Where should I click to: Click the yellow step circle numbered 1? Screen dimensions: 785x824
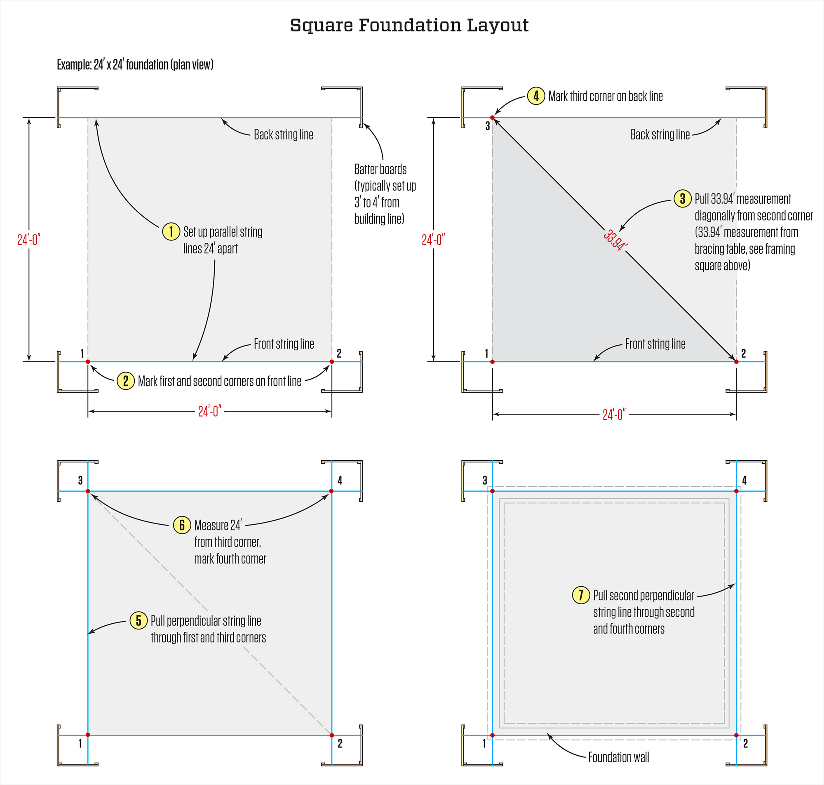pos(171,231)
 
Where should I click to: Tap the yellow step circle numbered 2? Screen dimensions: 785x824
pos(125,381)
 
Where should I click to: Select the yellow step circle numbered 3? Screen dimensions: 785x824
pos(682,198)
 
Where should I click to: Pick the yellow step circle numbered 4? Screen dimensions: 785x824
pos(535,96)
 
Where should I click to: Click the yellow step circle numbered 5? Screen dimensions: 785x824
pos(139,620)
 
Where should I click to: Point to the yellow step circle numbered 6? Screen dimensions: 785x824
pos(182,525)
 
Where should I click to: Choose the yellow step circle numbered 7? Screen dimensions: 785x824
pos(581,594)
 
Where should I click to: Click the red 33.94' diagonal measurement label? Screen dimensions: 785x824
pos(615,240)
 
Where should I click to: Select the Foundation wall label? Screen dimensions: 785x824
pos(618,757)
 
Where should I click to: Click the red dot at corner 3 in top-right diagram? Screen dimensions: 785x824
pos(492,118)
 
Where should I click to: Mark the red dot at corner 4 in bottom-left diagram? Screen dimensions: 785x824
pos(331,491)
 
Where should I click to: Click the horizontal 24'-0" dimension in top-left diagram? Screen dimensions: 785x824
pos(209,411)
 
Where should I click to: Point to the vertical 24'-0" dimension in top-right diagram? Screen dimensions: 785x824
pos(433,240)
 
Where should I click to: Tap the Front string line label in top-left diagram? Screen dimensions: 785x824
pos(284,344)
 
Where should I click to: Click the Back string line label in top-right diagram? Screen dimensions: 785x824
pos(660,135)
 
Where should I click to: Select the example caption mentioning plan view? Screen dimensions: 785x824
pos(135,64)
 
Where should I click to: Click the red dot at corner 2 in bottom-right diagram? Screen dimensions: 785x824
pos(736,735)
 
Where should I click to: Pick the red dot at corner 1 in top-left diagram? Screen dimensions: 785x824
pos(88,361)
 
